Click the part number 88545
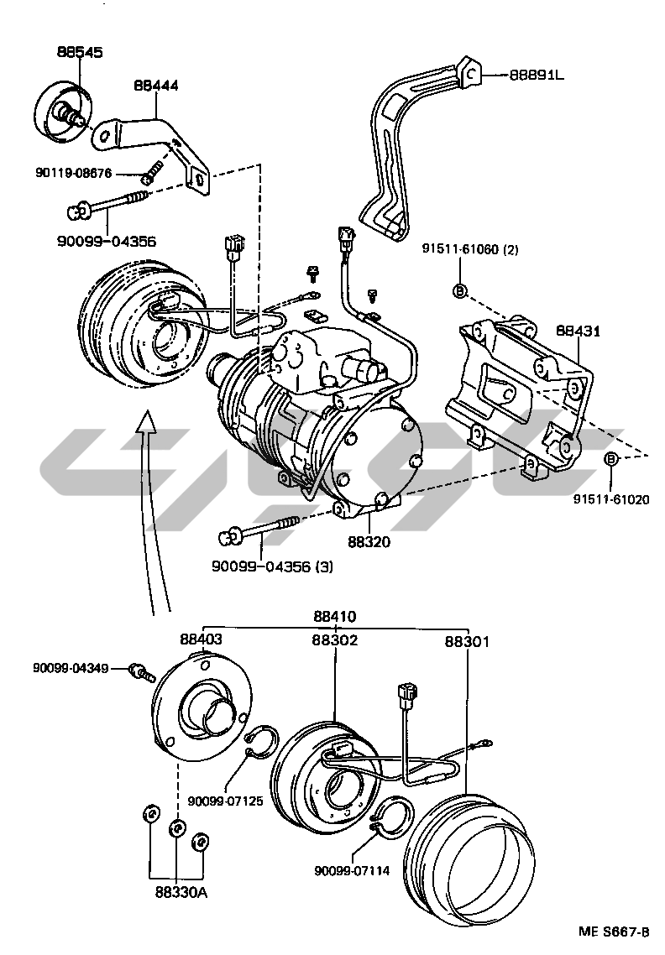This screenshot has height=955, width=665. (x=80, y=52)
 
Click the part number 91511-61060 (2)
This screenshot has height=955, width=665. (x=471, y=249)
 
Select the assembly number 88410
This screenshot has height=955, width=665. (x=334, y=616)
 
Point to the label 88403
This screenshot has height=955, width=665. (x=202, y=639)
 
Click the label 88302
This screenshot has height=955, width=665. (x=335, y=639)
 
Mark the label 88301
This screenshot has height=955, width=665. (x=467, y=641)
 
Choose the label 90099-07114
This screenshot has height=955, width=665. (x=353, y=871)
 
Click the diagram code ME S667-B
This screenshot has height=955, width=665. (x=614, y=932)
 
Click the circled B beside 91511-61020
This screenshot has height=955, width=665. (x=611, y=458)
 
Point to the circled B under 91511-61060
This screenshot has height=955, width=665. (x=460, y=290)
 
